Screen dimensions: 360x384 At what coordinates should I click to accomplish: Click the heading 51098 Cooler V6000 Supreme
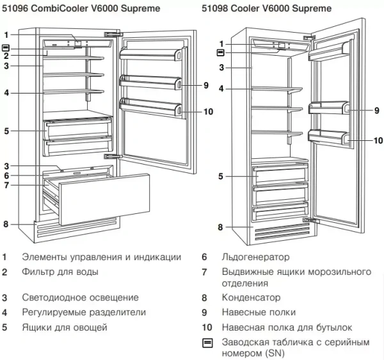(267, 8)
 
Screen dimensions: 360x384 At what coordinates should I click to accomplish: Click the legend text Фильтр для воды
(60, 272)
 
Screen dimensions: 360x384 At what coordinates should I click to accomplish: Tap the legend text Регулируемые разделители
(84, 313)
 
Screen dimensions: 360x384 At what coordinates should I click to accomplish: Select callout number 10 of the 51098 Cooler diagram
(378, 140)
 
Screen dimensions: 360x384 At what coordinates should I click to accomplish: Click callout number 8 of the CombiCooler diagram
(5, 224)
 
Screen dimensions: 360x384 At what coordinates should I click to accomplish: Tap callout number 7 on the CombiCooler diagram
(5, 186)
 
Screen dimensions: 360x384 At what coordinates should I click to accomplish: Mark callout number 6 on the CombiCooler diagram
(5, 176)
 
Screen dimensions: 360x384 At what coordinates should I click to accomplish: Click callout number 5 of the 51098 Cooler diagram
(220, 176)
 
